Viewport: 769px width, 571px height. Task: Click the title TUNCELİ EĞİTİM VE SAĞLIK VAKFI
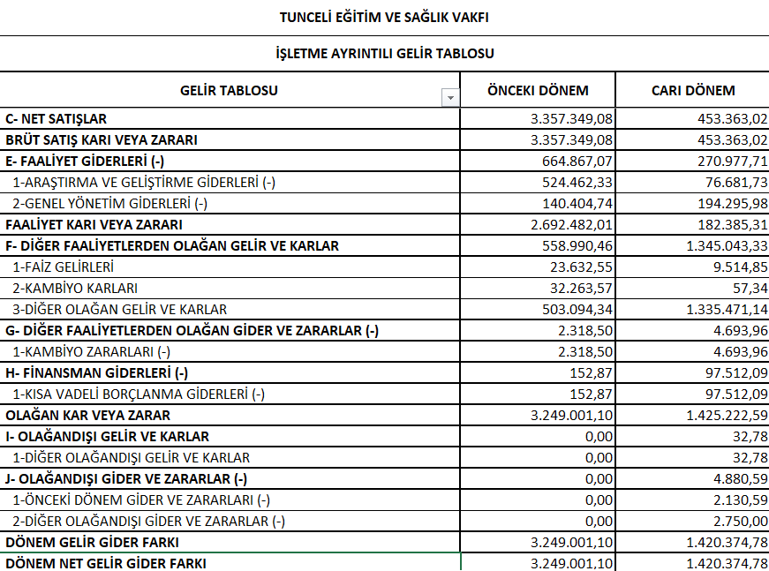coord(384,17)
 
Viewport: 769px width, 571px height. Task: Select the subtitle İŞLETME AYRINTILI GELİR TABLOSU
coord(384,54)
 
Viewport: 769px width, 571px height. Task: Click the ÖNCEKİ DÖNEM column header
coord(538,90)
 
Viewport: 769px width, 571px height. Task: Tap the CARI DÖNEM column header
coord(693,90)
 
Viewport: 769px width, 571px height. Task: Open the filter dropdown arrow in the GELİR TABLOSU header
coord(450,98)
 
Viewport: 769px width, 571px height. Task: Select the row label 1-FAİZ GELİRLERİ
coord(63,267)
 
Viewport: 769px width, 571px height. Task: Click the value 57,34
coord(749,288)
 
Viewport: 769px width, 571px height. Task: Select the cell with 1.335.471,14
coord(718,309)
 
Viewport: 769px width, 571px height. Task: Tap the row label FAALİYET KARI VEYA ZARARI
coord(94,224)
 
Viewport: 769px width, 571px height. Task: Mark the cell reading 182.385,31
coord(727,224)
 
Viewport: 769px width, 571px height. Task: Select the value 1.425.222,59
coord(718,415)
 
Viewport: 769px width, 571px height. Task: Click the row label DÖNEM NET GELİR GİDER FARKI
coord(106,562)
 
